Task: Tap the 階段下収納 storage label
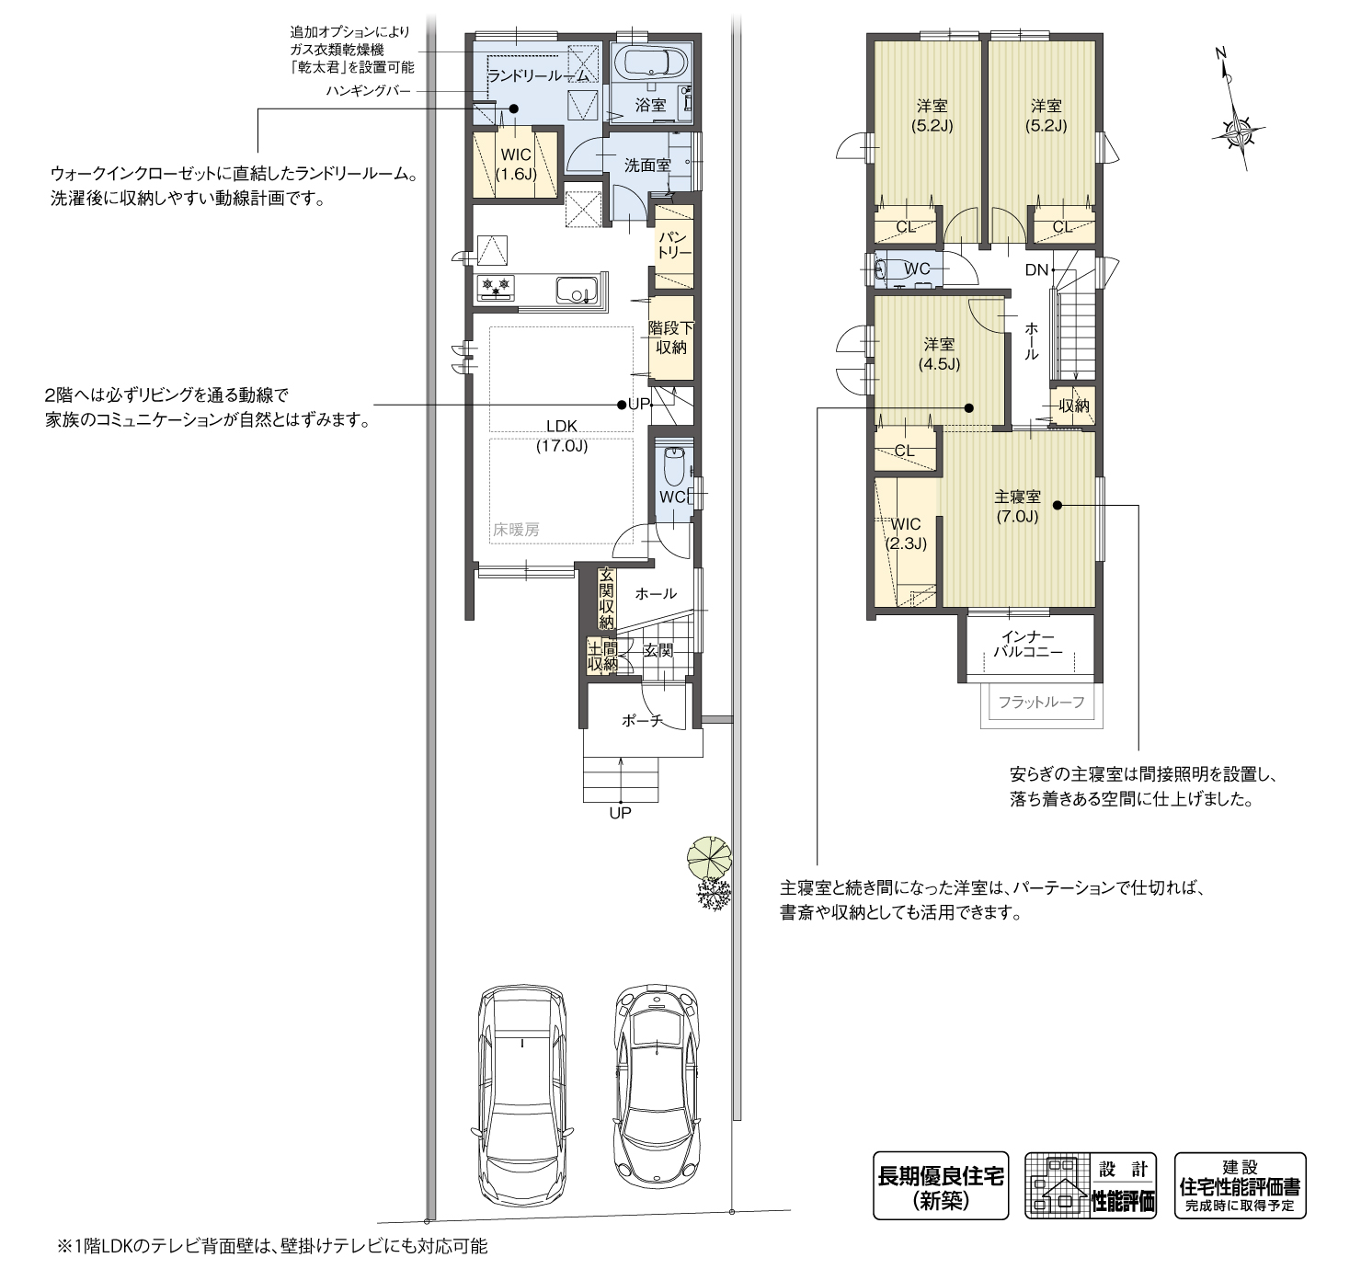(670, 337)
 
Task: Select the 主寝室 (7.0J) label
(1017, 506)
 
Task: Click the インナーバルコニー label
(1028, 645)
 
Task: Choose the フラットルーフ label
(1041, 703)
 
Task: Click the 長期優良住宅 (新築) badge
(940, 1185)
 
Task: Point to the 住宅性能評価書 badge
(1240, 1185)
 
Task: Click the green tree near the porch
(709, 857)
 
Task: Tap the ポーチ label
(642, 722)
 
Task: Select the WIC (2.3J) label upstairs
(906, 533)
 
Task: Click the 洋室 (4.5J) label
(939, 354)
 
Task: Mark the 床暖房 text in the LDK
(516, 530)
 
